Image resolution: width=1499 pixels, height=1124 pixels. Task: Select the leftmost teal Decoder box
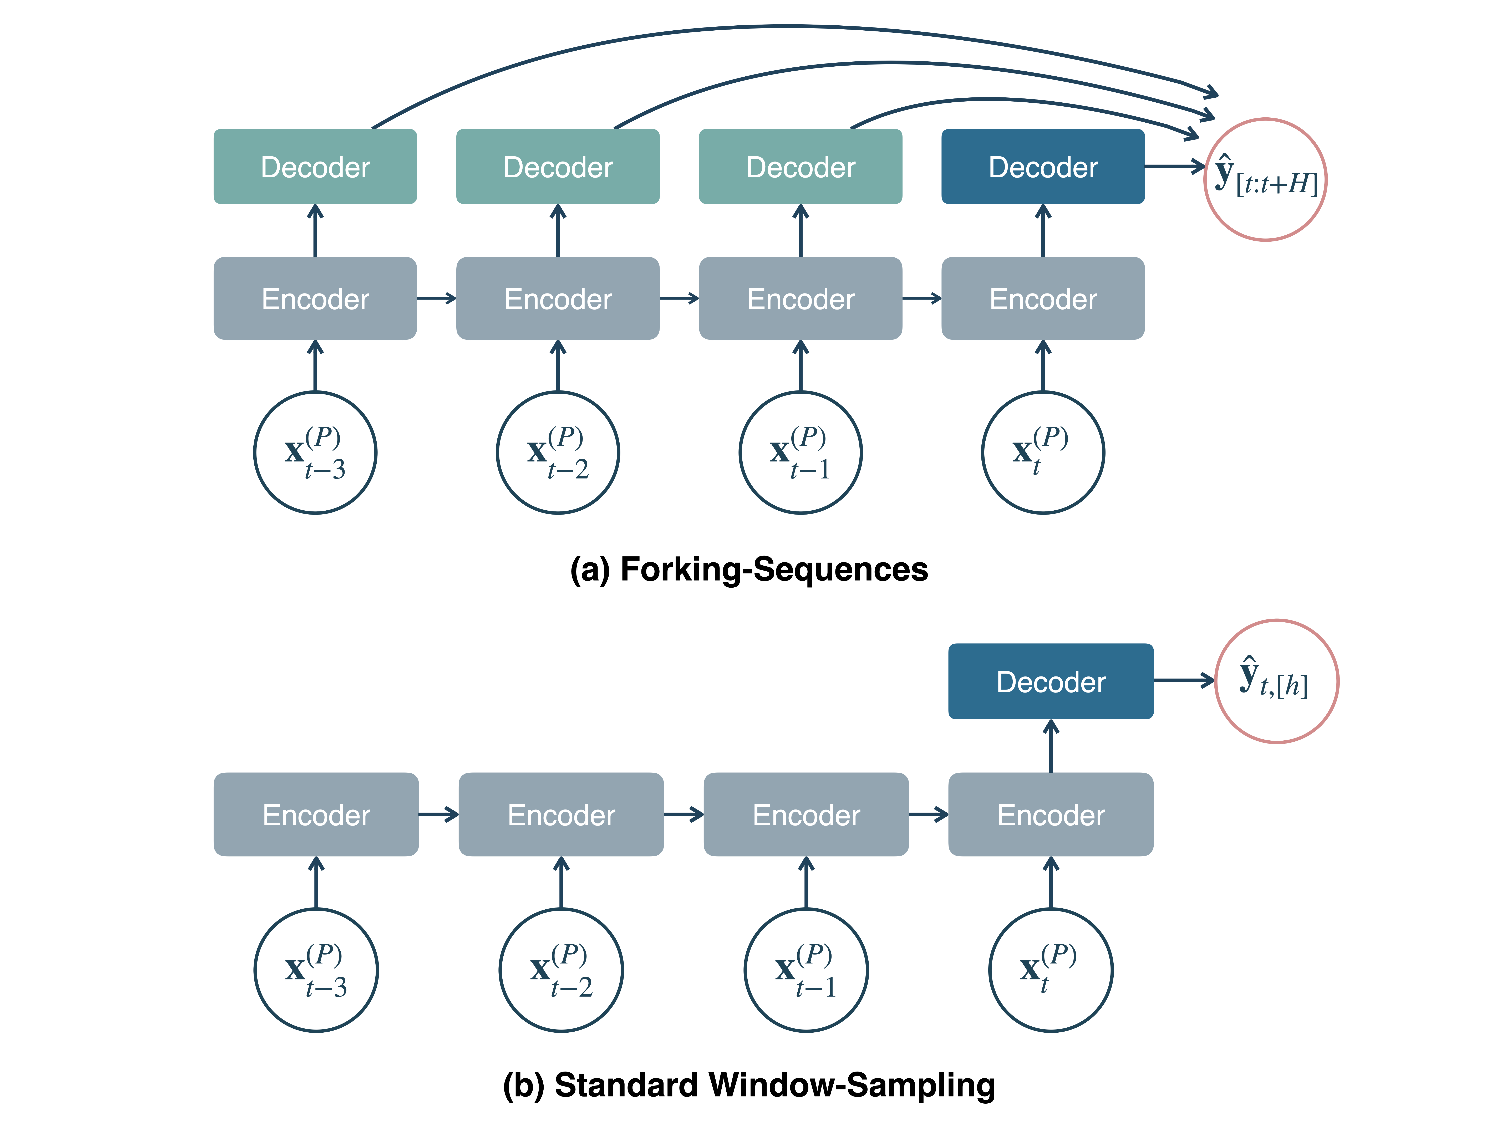coord(315,167)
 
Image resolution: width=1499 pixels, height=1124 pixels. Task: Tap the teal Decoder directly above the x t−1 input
coord(800,167)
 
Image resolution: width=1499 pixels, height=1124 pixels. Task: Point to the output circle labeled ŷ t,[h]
coord(1276,681)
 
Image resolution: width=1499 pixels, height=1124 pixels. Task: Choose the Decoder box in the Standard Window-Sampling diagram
coord(1050,681)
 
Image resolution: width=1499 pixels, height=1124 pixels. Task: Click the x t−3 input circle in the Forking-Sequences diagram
coord(315,453)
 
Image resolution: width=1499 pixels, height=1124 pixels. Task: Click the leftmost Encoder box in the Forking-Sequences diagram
coord(315,298)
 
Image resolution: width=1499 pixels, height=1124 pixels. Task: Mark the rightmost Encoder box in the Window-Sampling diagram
coord(1050,814)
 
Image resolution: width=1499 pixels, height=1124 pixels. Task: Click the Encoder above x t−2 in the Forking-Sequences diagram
coord(558,298)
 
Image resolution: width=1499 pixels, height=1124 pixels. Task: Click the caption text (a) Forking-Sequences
coord(749,569)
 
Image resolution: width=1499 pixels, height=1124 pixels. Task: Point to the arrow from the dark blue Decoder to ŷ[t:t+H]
coord(1174,166)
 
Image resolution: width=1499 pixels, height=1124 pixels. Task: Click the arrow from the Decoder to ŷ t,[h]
coord(1183,680)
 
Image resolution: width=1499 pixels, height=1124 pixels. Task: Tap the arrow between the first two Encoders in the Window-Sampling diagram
coord(438,814)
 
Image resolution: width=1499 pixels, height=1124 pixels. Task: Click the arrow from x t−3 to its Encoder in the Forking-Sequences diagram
coord(315,366)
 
